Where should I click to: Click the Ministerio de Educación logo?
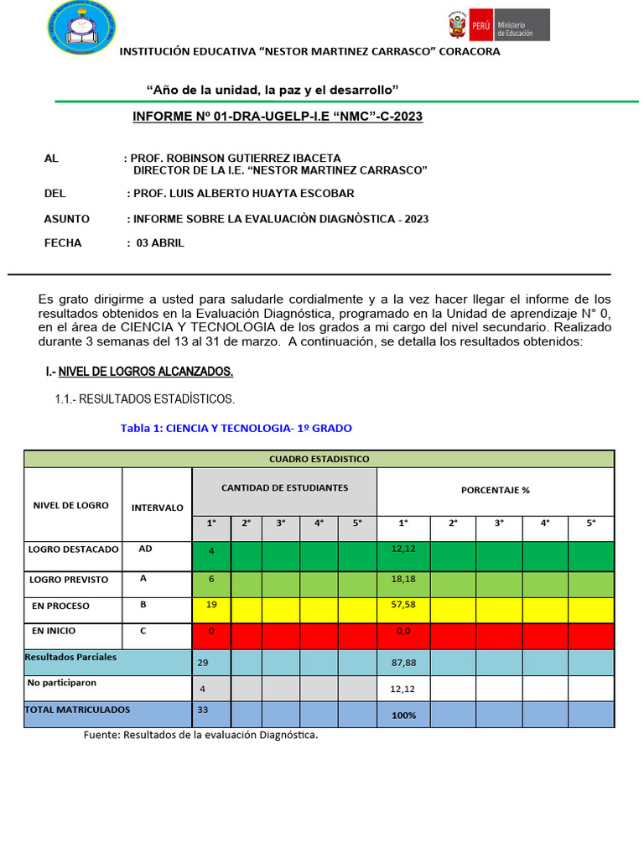coord(496,25)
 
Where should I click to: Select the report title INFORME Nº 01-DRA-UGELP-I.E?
coord(278,117)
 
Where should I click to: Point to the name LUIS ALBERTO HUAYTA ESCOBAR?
coord(243,194)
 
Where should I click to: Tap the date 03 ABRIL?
coord(159,243)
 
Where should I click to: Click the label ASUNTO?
coord(66,219)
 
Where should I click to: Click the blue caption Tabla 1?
coord(236,428)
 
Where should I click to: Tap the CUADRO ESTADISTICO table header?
coord(319,459)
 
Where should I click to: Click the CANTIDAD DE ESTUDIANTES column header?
coord(284,488)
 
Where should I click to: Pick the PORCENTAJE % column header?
coord(495,490)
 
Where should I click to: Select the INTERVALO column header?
coord(157,508)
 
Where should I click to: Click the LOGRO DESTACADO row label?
coord(73,549)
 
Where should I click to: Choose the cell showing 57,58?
coord(403,606)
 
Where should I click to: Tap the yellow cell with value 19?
coord(211,606)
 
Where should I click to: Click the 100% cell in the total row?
coord(403,716)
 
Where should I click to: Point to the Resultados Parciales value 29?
coord(203,663)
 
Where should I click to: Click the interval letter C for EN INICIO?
coord(142,631)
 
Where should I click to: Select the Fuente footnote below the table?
coord(200,736)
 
